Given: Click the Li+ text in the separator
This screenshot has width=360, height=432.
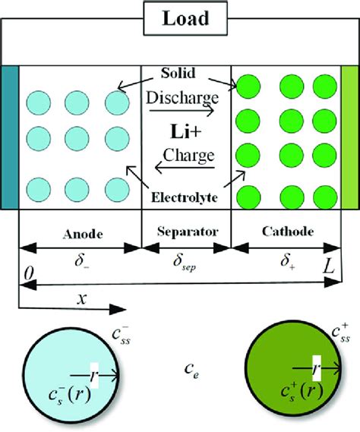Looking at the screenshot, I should point(185,134).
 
